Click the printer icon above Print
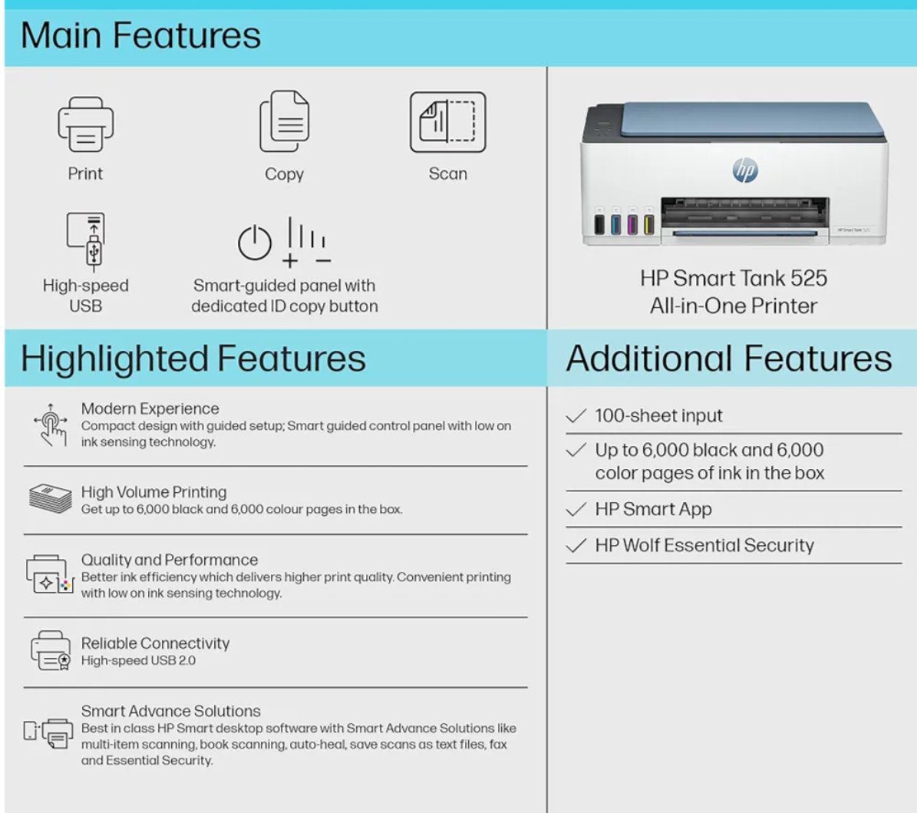tap(86, 124)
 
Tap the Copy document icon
tap(284, 121)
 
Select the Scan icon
tap(448, 122)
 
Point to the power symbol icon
tap(255, 243)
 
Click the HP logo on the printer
tap(745, 170)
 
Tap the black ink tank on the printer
tap(599, 224)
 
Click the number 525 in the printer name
tap(809, 279)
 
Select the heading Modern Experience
tap(150, 408)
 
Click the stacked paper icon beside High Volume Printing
tap(51, 498)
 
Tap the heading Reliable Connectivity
tap(156, 643)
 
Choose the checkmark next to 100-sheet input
tap(576, 416)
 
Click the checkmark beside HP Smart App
tap(576, 510)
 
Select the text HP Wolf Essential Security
tap(704, 545)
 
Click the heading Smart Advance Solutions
tap(171, 711)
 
